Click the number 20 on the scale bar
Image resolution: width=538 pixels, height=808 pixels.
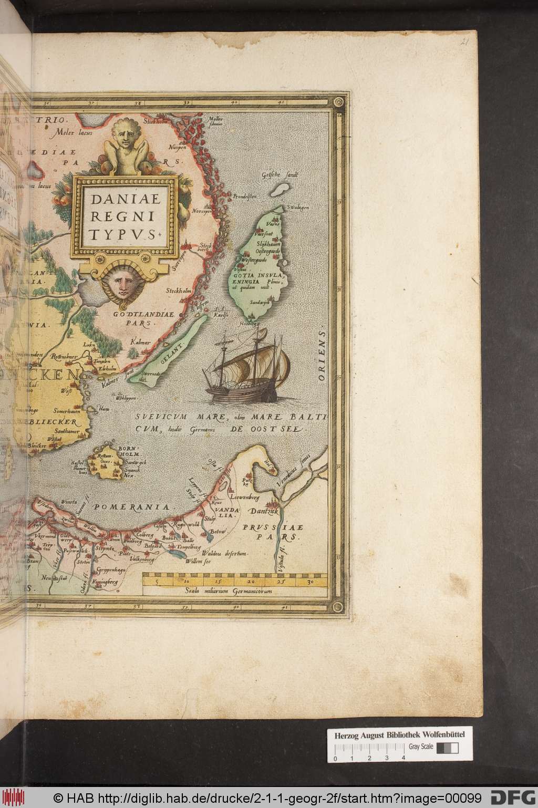(x=251, y=582)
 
